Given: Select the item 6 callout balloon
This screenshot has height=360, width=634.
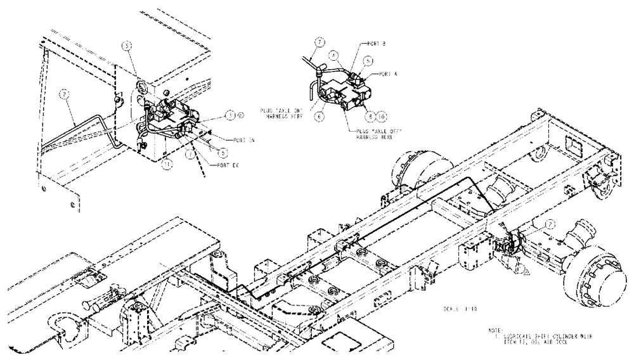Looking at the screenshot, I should [319, 116].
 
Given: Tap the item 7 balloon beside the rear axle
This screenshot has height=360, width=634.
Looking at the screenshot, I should [550, 223].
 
